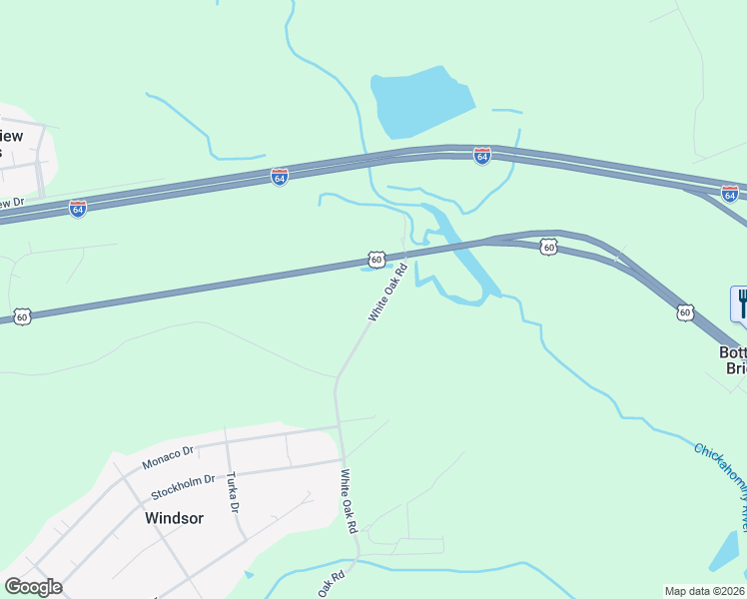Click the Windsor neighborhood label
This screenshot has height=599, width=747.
(174, 518)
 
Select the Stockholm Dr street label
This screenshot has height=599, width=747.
(183, 487)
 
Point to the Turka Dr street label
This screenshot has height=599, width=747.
(234, 491)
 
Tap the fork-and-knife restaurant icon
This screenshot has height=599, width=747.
(740, 303)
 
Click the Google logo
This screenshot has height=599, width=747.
(33, 587)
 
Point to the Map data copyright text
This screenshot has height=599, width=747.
(705, 591)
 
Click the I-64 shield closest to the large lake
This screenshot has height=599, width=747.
(481, 156)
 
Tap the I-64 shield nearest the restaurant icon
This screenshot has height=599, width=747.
(730, 193)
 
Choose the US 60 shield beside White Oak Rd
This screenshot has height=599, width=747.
(375, 260)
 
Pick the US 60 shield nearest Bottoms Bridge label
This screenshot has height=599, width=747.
(684, 312)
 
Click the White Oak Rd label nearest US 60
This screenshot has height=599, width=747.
(388, 292)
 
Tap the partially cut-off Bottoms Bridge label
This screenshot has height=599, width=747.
(732, 360)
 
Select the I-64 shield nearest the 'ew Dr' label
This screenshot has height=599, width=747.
(78, 209)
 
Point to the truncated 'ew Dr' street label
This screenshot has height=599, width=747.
(12, 203)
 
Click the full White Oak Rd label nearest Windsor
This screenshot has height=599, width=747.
(349, 503)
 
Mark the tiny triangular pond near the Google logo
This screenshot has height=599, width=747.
(248, 575)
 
